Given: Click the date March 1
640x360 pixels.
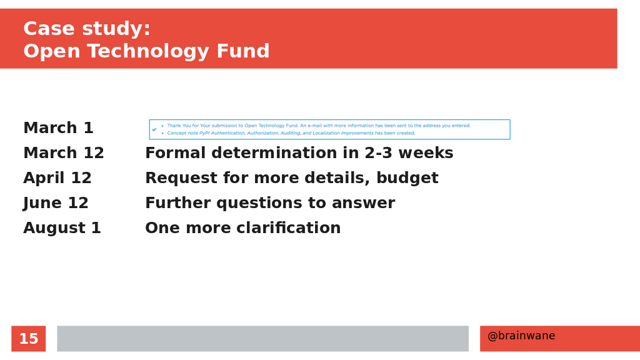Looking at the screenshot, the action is [x=58, y=127].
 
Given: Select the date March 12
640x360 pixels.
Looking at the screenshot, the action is [x=64, y=153].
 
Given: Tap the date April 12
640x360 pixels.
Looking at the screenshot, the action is [x=57, y=178].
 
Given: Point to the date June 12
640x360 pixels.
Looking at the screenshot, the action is [x=56, y=203].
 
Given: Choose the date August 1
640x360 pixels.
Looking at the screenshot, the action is [x=62, y=228].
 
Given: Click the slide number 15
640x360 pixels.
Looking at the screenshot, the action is [x=29, y=339].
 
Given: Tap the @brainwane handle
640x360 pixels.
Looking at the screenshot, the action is [x=521, y=336].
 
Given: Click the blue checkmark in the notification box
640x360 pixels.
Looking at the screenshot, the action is [x=154, y=129].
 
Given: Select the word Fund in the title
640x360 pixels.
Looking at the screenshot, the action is [x=243, y=51].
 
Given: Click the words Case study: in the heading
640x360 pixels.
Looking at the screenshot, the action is [x=87, y=29].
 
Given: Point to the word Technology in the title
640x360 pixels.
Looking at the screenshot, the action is [x=148, y=52].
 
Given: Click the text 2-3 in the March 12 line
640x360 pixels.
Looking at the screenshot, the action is [x=378, y=153].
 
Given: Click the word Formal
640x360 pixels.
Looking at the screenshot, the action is [x=175, y=153].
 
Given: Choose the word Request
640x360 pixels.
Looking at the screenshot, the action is [x=176, y=178].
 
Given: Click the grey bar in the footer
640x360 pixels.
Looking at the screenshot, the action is [x=263, y=338].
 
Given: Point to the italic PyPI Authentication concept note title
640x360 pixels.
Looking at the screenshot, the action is [x=286, y=133].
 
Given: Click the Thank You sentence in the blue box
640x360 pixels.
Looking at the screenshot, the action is [x=319, y=126].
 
